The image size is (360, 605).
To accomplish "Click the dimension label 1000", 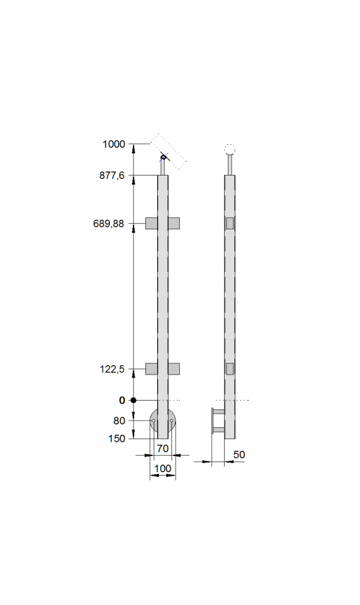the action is point(114,144).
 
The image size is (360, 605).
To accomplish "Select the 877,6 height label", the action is point(112,175).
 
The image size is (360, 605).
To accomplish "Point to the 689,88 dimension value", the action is point(109,223).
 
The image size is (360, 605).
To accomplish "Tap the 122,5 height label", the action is point(112,369).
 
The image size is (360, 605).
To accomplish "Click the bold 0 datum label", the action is point(122,401).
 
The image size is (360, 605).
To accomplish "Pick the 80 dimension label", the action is point(119,421).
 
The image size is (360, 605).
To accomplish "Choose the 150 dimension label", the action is point(117,439).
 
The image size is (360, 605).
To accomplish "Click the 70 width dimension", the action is point(163,449).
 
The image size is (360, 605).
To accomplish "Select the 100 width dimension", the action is point(163,469).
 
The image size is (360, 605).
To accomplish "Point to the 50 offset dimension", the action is point(239,454).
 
